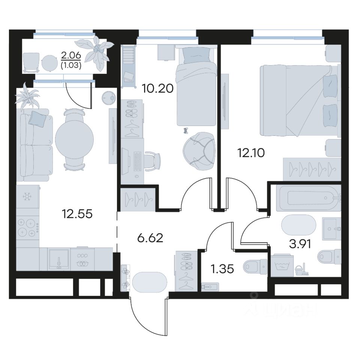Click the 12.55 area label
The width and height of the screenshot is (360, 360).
(77, 214)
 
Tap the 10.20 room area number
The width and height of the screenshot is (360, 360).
(157, 88)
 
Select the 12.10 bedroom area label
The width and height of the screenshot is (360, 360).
(251, 153)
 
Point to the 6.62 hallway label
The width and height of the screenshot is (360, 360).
(150, 238)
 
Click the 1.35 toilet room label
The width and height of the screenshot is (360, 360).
(222, 269)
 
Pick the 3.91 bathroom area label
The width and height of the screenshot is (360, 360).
(300, 244)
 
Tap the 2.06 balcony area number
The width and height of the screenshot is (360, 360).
(71, 55)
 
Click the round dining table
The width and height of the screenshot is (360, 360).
(74, 139)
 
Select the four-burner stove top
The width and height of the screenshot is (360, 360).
(27, 228)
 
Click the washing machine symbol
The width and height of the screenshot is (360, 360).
(282, 265)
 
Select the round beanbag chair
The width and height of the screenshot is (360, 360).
(199, 151)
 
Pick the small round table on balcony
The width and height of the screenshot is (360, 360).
(49, 62)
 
